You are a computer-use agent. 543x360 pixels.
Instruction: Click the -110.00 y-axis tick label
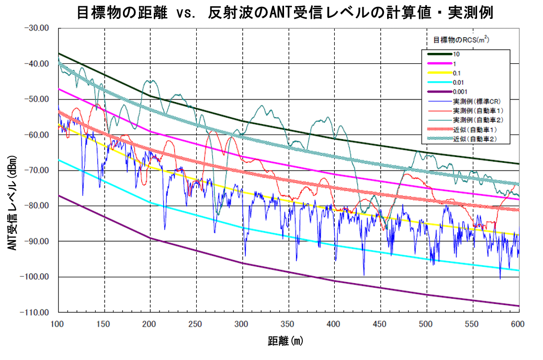pyautogui.click(x=35, y=312)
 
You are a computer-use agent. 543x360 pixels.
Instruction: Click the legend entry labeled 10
pyautogui.click(x=457, y=54)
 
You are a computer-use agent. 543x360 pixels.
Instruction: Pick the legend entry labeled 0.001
pyautogui.click(x=461, y=92)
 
